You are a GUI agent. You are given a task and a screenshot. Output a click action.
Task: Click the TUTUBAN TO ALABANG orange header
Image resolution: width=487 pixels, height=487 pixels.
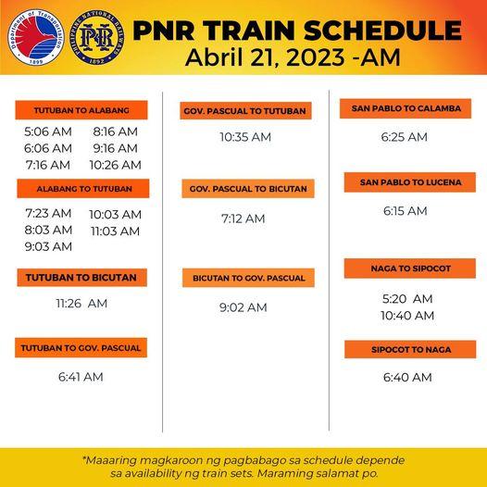pos(81,109)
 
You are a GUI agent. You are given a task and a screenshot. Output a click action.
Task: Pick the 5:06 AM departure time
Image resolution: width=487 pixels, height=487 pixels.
pos(48,131)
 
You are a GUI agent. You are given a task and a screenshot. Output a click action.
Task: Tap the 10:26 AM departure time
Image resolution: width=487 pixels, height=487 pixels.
pos(115,165)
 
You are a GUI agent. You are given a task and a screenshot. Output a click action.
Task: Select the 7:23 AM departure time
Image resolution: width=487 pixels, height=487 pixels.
pos(48,213)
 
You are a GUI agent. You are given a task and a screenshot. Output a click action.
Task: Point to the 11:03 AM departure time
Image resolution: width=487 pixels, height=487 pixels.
pos(115,231)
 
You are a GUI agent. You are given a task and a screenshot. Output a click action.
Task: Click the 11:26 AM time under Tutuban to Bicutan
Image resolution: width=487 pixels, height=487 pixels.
pos(81,303)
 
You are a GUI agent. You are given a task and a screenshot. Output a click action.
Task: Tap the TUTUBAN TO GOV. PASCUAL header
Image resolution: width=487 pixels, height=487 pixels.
pos(81,348)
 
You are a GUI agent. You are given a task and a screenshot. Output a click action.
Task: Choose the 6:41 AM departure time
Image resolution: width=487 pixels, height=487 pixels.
pos(81,377)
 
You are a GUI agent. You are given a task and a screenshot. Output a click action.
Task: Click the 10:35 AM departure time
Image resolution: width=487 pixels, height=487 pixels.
pos(245,137)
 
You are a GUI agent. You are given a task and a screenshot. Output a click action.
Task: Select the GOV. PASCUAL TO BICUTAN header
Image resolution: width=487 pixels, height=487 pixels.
pos(245,189)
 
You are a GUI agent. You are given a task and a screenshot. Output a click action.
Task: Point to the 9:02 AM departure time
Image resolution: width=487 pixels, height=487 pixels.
pos(243,307)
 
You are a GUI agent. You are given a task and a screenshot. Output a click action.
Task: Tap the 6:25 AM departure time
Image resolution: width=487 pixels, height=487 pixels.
pos(405,137)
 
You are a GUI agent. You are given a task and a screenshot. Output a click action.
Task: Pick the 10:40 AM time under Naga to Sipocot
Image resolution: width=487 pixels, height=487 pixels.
pos(407,316)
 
